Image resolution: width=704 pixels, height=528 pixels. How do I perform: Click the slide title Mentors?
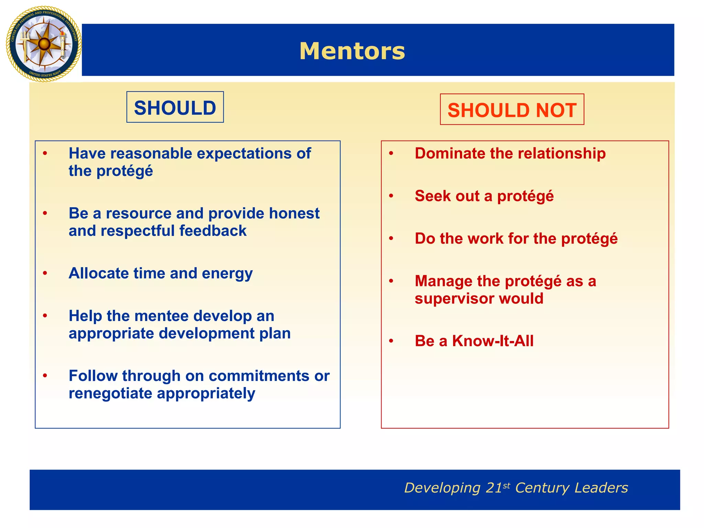pos(352,51)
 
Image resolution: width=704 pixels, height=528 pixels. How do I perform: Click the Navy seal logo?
pos(44,44)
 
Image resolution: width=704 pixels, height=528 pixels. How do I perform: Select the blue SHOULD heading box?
pos(175,107)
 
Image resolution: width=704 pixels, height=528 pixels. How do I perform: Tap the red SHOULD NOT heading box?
pos(512,110)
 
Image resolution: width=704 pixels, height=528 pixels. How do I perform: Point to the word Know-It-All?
pos(493,341)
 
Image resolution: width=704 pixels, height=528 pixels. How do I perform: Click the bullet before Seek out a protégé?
pos(391,196)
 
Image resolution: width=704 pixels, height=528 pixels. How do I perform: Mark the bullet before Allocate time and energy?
pos(45,273)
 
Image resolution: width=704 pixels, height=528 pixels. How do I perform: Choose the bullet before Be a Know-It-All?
pos(391,341)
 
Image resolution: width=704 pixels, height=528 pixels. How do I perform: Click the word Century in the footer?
pos(542,488)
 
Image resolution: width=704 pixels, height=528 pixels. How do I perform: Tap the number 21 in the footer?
pos(494,488)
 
